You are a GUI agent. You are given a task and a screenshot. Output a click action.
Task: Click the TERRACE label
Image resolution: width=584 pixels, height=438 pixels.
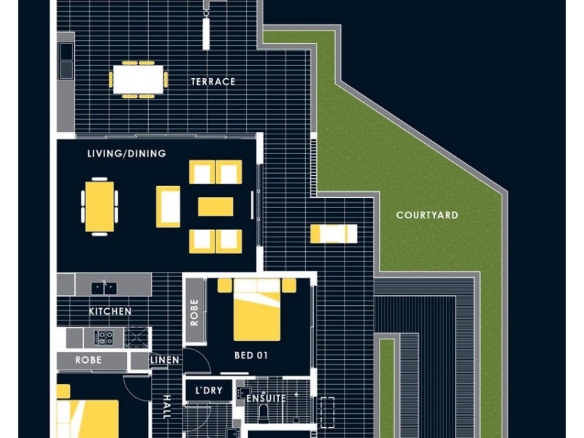coord(213,82)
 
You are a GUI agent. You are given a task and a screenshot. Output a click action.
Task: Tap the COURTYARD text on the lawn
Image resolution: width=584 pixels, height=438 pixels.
coord(427,215)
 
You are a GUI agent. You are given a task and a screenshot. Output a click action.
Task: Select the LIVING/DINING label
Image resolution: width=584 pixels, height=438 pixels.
coord(126,153)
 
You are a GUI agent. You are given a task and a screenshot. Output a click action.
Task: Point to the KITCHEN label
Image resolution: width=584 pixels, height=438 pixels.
coord(110,311)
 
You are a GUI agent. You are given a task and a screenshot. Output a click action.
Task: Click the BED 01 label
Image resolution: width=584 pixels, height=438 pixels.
coord(251,356)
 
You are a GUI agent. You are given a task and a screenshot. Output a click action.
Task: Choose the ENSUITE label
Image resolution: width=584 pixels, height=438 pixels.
coord(266,398)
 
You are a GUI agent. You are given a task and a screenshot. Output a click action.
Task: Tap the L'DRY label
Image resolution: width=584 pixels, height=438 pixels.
coord(209,391)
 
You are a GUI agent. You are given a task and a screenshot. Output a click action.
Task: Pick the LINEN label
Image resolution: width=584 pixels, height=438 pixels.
coord(165,360)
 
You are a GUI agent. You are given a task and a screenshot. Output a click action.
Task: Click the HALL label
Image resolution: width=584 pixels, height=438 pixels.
coord(166,407)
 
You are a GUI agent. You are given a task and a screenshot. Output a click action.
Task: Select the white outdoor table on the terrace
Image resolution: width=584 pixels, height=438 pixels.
coord(138,80)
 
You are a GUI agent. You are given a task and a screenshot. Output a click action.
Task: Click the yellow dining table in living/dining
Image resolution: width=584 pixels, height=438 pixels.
coord(99,207)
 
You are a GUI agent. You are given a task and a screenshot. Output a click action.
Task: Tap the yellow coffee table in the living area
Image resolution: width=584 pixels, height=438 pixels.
coord(215,207)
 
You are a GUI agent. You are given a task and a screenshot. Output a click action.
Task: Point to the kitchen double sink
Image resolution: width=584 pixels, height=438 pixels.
coord(104,288)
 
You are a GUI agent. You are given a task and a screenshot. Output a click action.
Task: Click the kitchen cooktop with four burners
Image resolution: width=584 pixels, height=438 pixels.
coord(104,338)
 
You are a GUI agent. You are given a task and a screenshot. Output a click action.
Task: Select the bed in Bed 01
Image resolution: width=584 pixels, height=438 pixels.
coord(257,310)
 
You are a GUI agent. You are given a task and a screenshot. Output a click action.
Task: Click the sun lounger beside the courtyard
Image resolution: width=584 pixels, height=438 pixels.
coord(334,234)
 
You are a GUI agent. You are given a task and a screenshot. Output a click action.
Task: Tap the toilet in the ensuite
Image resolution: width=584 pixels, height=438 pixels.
coord(264,414)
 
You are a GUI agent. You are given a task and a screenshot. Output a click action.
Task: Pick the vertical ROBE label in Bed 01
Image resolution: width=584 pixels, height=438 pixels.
coord(194,312)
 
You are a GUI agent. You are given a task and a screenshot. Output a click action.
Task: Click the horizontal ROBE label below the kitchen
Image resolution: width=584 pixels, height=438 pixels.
coord(88,360)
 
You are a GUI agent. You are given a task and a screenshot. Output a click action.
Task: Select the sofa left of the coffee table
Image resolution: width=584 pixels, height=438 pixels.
coord(168,207)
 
